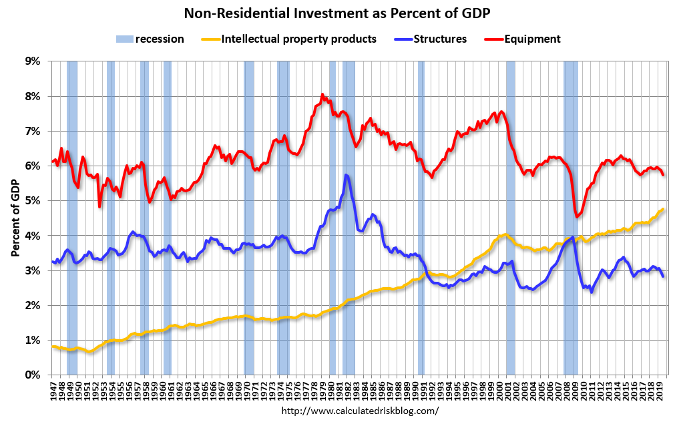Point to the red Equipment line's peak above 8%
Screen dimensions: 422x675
coord(322,95)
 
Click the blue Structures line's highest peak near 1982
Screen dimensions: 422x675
coord(346,175)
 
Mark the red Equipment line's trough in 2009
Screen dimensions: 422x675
coord(577,216)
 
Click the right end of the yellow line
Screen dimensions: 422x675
coord(663,209)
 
